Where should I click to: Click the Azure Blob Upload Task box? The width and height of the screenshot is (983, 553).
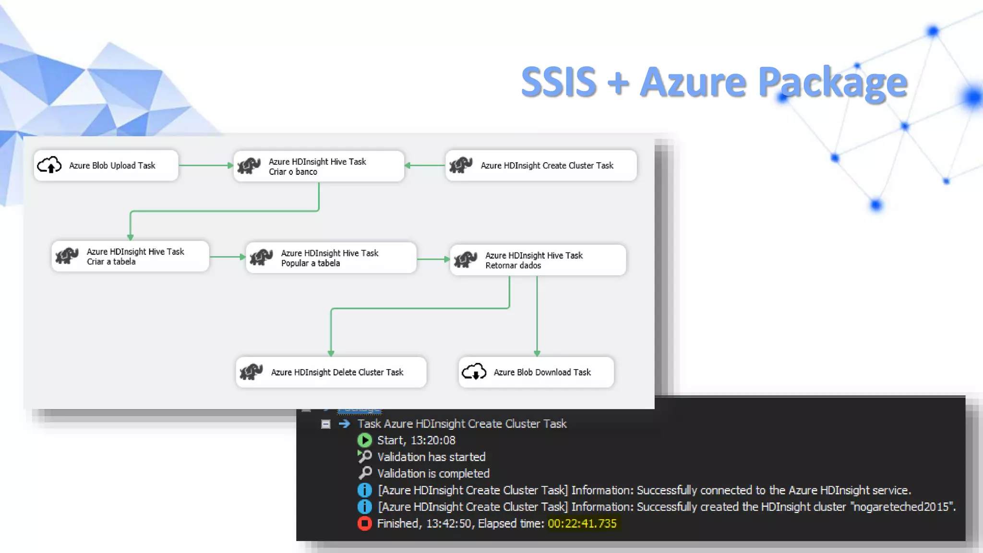click(106, 166)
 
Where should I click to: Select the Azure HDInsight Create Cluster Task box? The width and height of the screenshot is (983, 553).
click(541, 166)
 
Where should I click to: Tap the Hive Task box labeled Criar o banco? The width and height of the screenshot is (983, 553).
click(319, 167)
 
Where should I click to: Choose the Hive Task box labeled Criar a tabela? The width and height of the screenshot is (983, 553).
click(130, 256)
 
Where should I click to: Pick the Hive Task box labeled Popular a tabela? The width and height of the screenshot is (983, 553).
click(331, 258)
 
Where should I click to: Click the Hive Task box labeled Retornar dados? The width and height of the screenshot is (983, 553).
click(538, 260)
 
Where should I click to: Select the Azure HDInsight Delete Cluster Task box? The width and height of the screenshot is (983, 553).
click(331, 372)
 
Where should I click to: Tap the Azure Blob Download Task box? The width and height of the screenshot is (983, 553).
click(536, 372)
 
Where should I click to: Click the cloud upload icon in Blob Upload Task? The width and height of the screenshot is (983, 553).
click(49, 165)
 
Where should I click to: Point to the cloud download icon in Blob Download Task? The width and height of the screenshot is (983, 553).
click(474, 372)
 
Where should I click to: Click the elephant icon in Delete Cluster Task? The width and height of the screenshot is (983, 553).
click(251, 372)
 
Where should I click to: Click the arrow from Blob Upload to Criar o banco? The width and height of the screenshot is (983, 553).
click(205, 165)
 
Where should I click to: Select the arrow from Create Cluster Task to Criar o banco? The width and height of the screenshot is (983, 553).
click(425, 165)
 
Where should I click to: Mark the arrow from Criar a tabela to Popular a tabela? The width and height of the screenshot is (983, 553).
click(228, 257)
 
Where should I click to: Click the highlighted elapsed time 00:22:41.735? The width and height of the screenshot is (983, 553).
click(582, 523)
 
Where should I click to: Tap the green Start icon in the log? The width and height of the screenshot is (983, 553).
click(364, 440)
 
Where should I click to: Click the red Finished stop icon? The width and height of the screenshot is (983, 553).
click(364, 523)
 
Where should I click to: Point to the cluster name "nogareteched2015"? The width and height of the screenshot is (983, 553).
click(903, 507)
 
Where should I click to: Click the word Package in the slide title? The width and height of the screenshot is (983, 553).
click(833, 83)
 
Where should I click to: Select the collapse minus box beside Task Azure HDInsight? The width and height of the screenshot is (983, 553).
click(325, 424)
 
